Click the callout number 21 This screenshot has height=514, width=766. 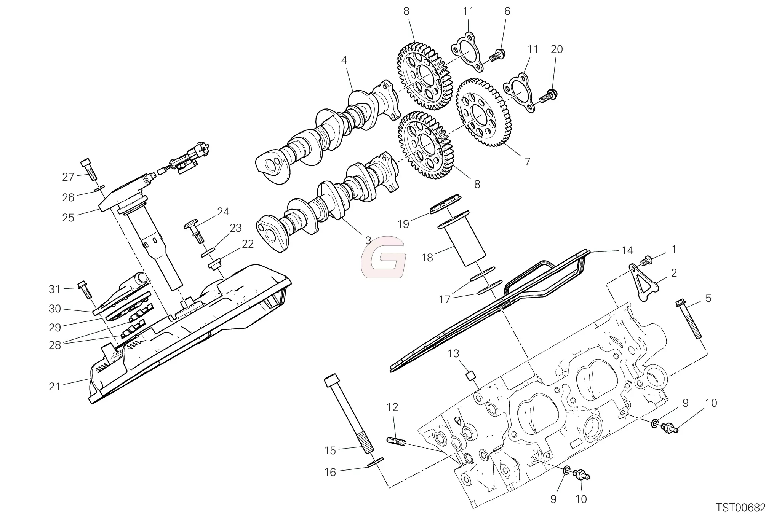pyautogui.click(x=55, y=387)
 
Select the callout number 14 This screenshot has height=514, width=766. pyautogui.click(x=627, y=250)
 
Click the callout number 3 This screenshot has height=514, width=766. pyautogui.click(x=368, y=240)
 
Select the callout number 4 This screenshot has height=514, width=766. pyautogui.click(x=344, y=60)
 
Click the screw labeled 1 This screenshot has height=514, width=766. pyautogui.click(x=646, y=261)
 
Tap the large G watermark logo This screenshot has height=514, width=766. pyautogui.click(x=384, y=257)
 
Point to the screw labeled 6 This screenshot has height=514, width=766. pyautogui.click(x=496, y=55)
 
